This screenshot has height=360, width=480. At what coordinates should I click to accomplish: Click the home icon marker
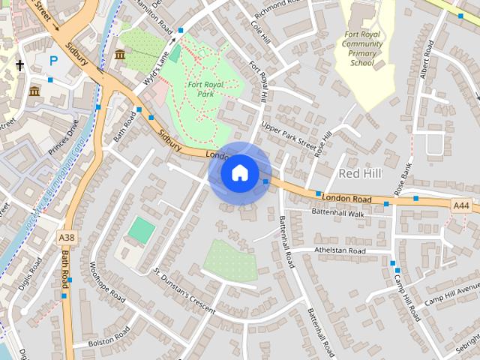coord(239,173)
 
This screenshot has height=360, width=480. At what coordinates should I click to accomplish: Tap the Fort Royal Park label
coord(207,89)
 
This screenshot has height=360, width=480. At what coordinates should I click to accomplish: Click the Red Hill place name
coord(360,173)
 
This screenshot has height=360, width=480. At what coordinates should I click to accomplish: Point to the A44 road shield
coord(462,205)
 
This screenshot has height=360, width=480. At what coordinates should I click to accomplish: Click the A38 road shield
coord(67,238)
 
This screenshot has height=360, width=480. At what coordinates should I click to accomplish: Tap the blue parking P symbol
coord(53,60)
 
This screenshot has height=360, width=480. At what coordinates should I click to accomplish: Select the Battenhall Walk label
coord(337,213)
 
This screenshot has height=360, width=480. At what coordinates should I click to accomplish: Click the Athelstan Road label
coord(339,250)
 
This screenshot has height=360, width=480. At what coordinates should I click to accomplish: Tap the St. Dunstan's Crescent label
coord(183,286)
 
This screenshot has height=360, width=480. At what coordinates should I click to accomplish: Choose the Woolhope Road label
coord(106,280)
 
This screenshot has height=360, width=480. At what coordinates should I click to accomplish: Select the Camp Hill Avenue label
coord(451,295)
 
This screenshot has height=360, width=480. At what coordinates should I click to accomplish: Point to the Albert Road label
coord(427,59)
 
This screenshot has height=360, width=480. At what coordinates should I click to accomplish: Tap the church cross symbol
coord(19,66)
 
